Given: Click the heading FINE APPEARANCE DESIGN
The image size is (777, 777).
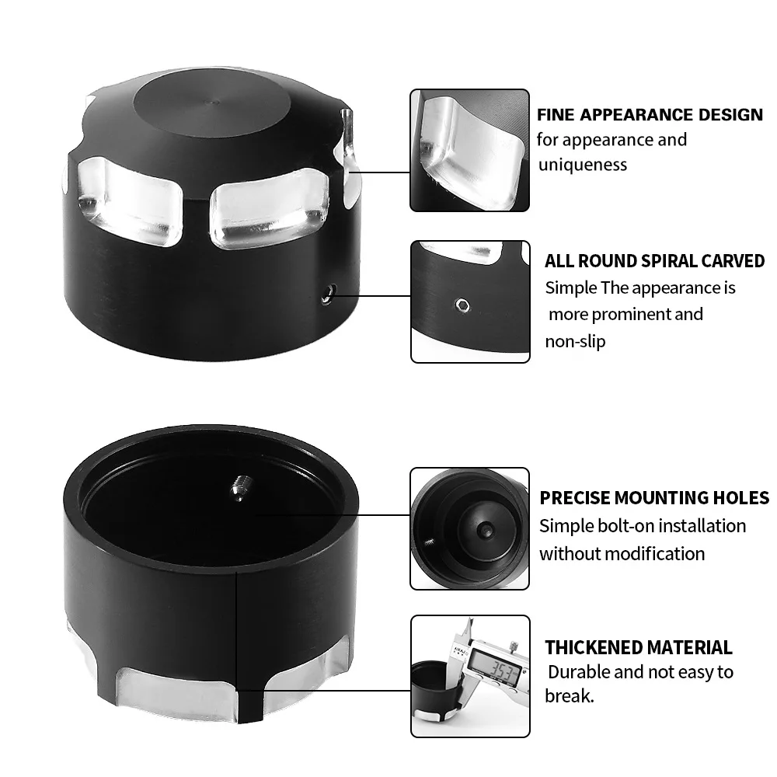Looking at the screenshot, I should point(650,115).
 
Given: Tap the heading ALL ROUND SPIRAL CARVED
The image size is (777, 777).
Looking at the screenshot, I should point(654,261).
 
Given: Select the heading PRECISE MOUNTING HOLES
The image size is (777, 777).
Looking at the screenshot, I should point(654,498).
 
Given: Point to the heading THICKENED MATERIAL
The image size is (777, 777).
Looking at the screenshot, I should point(638,648).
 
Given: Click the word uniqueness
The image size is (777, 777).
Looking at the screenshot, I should point(582,165).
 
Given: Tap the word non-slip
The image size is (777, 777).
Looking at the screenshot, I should point(576,341).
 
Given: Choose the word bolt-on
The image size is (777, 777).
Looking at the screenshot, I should point(613,526).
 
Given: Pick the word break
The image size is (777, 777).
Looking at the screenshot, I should point(569,696).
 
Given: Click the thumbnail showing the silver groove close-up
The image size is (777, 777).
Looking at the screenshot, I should point(469,150).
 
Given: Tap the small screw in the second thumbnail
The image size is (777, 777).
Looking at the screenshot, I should point(463,303).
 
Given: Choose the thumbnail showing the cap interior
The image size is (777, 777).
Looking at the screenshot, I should point(469,528).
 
